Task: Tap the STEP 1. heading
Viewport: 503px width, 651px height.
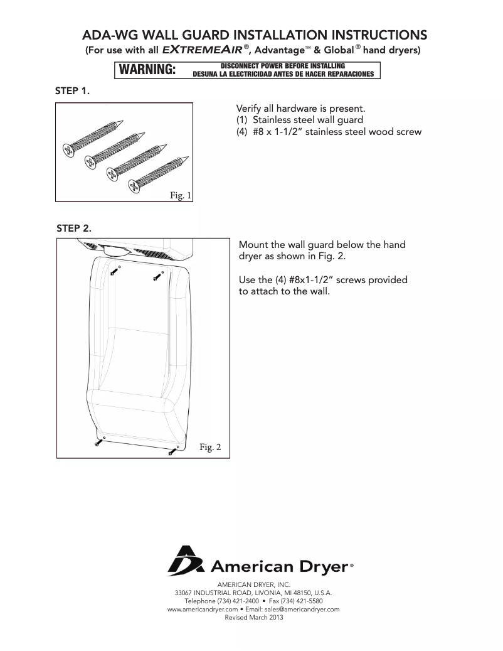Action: click(x=73, y=91)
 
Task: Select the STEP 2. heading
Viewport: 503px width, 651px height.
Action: click(x=74, y=227)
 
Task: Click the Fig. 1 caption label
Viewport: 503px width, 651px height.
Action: click(x=181, y=196)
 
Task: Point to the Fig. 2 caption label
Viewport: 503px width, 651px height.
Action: click(x=210, y=447)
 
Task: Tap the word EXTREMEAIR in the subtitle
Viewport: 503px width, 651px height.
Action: click(x=199, y=49)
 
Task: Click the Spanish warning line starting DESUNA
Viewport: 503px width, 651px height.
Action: click(x=283, y=73)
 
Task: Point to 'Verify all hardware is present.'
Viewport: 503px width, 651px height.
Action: click(x=296, y=108)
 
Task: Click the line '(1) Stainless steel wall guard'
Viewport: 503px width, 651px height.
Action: click(x=299, y=120)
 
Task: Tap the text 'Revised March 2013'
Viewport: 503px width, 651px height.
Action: click(x=254, y=617)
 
